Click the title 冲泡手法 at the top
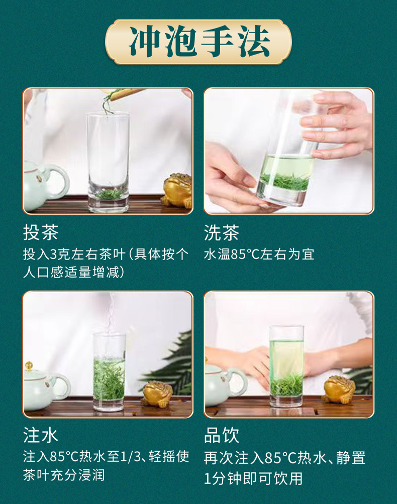(198, 41)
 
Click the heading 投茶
(41, 232)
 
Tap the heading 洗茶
(222, 232)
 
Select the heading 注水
(41, 435)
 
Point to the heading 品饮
(222, 435)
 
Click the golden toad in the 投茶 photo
(178, 190)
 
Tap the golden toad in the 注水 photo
(157, 393)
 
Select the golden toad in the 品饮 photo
(339, 390)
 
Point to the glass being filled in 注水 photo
(109, 371)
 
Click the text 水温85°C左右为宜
(259, 254)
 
